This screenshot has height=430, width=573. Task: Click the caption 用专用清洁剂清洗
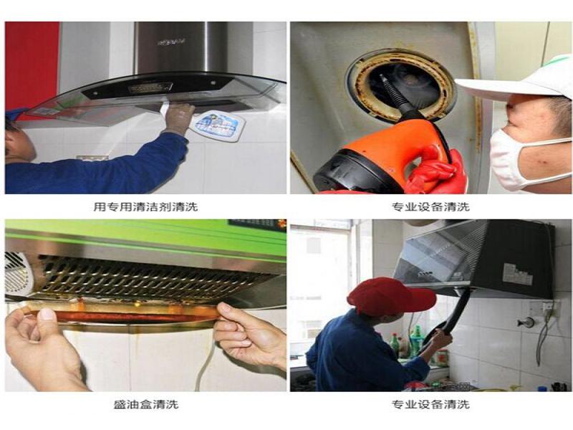pos(145,206)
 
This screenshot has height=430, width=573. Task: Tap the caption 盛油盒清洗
pos(145,404)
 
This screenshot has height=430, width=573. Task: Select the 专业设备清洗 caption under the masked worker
pos(430,206)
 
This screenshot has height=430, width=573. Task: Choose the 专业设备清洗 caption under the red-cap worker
pos(430,404)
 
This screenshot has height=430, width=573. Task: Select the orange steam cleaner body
pos(380,158)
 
